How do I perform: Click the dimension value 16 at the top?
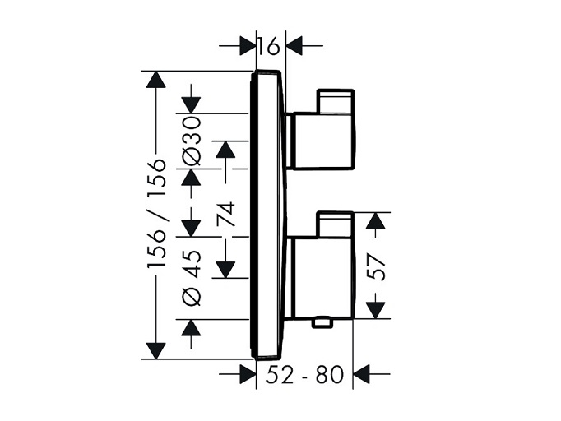pyautogui.click(x=269, y=46)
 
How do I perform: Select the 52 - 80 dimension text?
pyautogui.click(x=304, y=374)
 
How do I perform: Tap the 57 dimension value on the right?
pyautogui.click(x=377, y=267)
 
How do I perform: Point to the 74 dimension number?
pyautogui.click(x=226, y=214)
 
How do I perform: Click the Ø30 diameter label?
pyautogui.click(x=191, y=141)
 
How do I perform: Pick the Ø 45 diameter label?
pyautogui.click(x=191, y=278)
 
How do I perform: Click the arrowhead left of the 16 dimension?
pyautogui.click(x=248, y=46)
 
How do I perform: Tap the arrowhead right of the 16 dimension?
pyautogui.click(x=294, y=46)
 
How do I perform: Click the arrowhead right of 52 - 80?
pyautogui.click(x=361, y=374)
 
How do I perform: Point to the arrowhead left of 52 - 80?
pyautogui.click(x=248, y=374)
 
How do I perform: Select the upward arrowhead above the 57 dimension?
pyautogui.click(x=376, y=220)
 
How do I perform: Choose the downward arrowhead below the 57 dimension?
pyautogui.click(x=376, y=310)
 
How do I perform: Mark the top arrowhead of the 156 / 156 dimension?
pyautogui.click(x=156, y=80)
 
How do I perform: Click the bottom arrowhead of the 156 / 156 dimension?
pyautogui.click(x=156, y=350)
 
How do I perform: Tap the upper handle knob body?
pyautogui.click(x=324, y=141)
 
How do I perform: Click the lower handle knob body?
pyautogui.click(x=324, y=278)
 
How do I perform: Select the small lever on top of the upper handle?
pyautogui.click(x=336, y=102)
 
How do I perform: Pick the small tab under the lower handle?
pyautogui.click(x=322, y=322)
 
